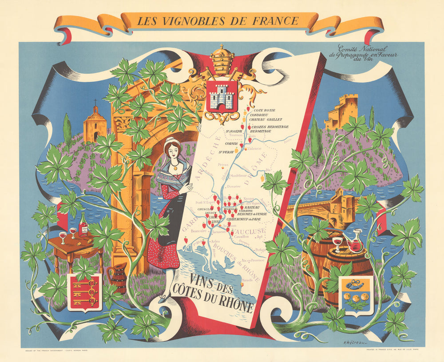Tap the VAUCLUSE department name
point(250,231)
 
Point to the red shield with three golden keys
point(84,292)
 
